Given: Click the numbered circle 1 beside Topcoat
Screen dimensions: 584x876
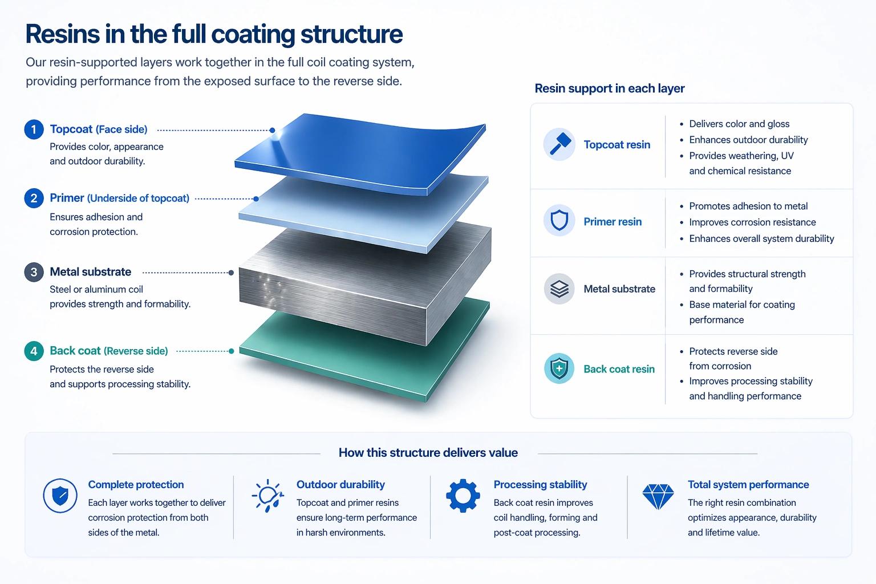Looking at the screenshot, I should click(x=34, y=129).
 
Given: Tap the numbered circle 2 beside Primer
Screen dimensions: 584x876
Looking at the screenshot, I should click(x=34, y=198).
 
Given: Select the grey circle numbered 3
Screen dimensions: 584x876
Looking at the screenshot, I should click(x=34, y=272).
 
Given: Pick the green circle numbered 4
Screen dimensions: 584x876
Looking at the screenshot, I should click(x=34, y=351).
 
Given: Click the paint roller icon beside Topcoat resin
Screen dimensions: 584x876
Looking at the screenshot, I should click(x=559, y=144).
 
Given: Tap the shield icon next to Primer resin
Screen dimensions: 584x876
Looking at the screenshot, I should click(x=559, y=221).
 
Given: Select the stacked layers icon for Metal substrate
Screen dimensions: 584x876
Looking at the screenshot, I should click(x=559, y=289).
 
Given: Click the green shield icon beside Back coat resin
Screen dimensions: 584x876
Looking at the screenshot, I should click(x=559, y=368).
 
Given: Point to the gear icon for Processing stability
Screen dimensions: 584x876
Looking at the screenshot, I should click(x=463, y=495).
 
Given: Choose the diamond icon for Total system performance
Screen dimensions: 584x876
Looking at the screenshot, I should click(x=658, y=496).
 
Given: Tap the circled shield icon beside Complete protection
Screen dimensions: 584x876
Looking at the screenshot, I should click(x=60, y=495).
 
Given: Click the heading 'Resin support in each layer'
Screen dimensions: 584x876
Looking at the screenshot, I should click(x=609, y=88).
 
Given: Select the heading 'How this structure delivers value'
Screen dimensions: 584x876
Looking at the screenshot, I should click(x=428, y=453).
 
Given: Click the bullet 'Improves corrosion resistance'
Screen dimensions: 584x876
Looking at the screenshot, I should click(x=752, y=222).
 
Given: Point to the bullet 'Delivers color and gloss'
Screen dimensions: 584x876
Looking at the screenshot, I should click(x=739, y=124).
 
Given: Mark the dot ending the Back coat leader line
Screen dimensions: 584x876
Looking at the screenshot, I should click(x=231, y=351).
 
